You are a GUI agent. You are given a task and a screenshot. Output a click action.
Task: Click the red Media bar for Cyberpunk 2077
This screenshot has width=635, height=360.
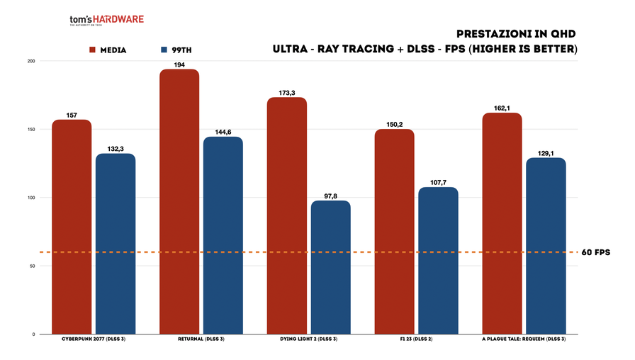(x=72, y=227)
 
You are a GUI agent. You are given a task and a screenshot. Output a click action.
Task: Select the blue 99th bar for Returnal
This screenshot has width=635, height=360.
(x=223, y=235)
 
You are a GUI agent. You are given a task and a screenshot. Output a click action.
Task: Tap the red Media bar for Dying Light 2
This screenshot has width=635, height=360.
(x=287, y=215)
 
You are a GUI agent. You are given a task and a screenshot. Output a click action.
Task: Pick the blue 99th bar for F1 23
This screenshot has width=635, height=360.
(x=439, y=261)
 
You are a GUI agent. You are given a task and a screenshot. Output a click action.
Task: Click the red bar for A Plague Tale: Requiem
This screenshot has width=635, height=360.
(x=502, y=223)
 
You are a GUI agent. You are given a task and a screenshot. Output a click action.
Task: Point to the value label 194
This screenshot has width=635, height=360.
(x=179, y=64)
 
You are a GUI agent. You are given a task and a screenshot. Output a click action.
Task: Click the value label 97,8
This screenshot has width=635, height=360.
(x=331, y=196)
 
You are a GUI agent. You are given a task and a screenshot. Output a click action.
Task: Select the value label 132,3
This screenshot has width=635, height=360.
(x=116, y=149)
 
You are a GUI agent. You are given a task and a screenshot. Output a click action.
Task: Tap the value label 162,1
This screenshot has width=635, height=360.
(x=502, y=108)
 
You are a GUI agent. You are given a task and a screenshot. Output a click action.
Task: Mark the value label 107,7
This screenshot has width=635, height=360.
(x=439, y=182)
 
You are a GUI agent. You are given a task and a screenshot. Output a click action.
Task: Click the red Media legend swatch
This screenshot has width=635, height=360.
(x=92, y=50)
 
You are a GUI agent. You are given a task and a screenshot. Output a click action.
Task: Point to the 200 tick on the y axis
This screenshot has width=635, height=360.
(x=30, y=61)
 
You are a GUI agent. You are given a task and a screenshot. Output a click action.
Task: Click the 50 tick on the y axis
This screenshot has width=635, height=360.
(x=32, y=266)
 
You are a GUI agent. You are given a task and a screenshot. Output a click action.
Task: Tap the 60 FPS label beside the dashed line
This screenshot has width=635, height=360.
(x=595, y=252)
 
